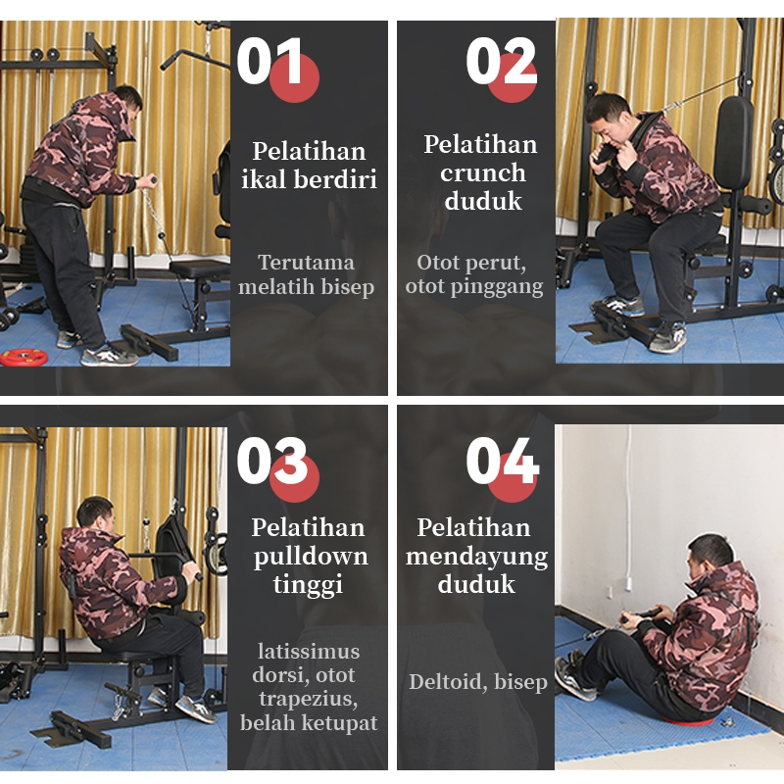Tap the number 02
(x=501, y=62)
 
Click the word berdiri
(x=335, y=179)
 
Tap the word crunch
(x=482, y=173)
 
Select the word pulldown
(x=311, y=557)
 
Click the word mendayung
(x=476, y=557)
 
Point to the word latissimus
(x=309, y=652)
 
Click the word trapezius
(x=308, y=700)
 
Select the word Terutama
(x=306, y=263)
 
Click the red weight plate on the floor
(x=24, y=357)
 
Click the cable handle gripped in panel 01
(x=149, y=179)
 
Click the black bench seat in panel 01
(x=199, y=268)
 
